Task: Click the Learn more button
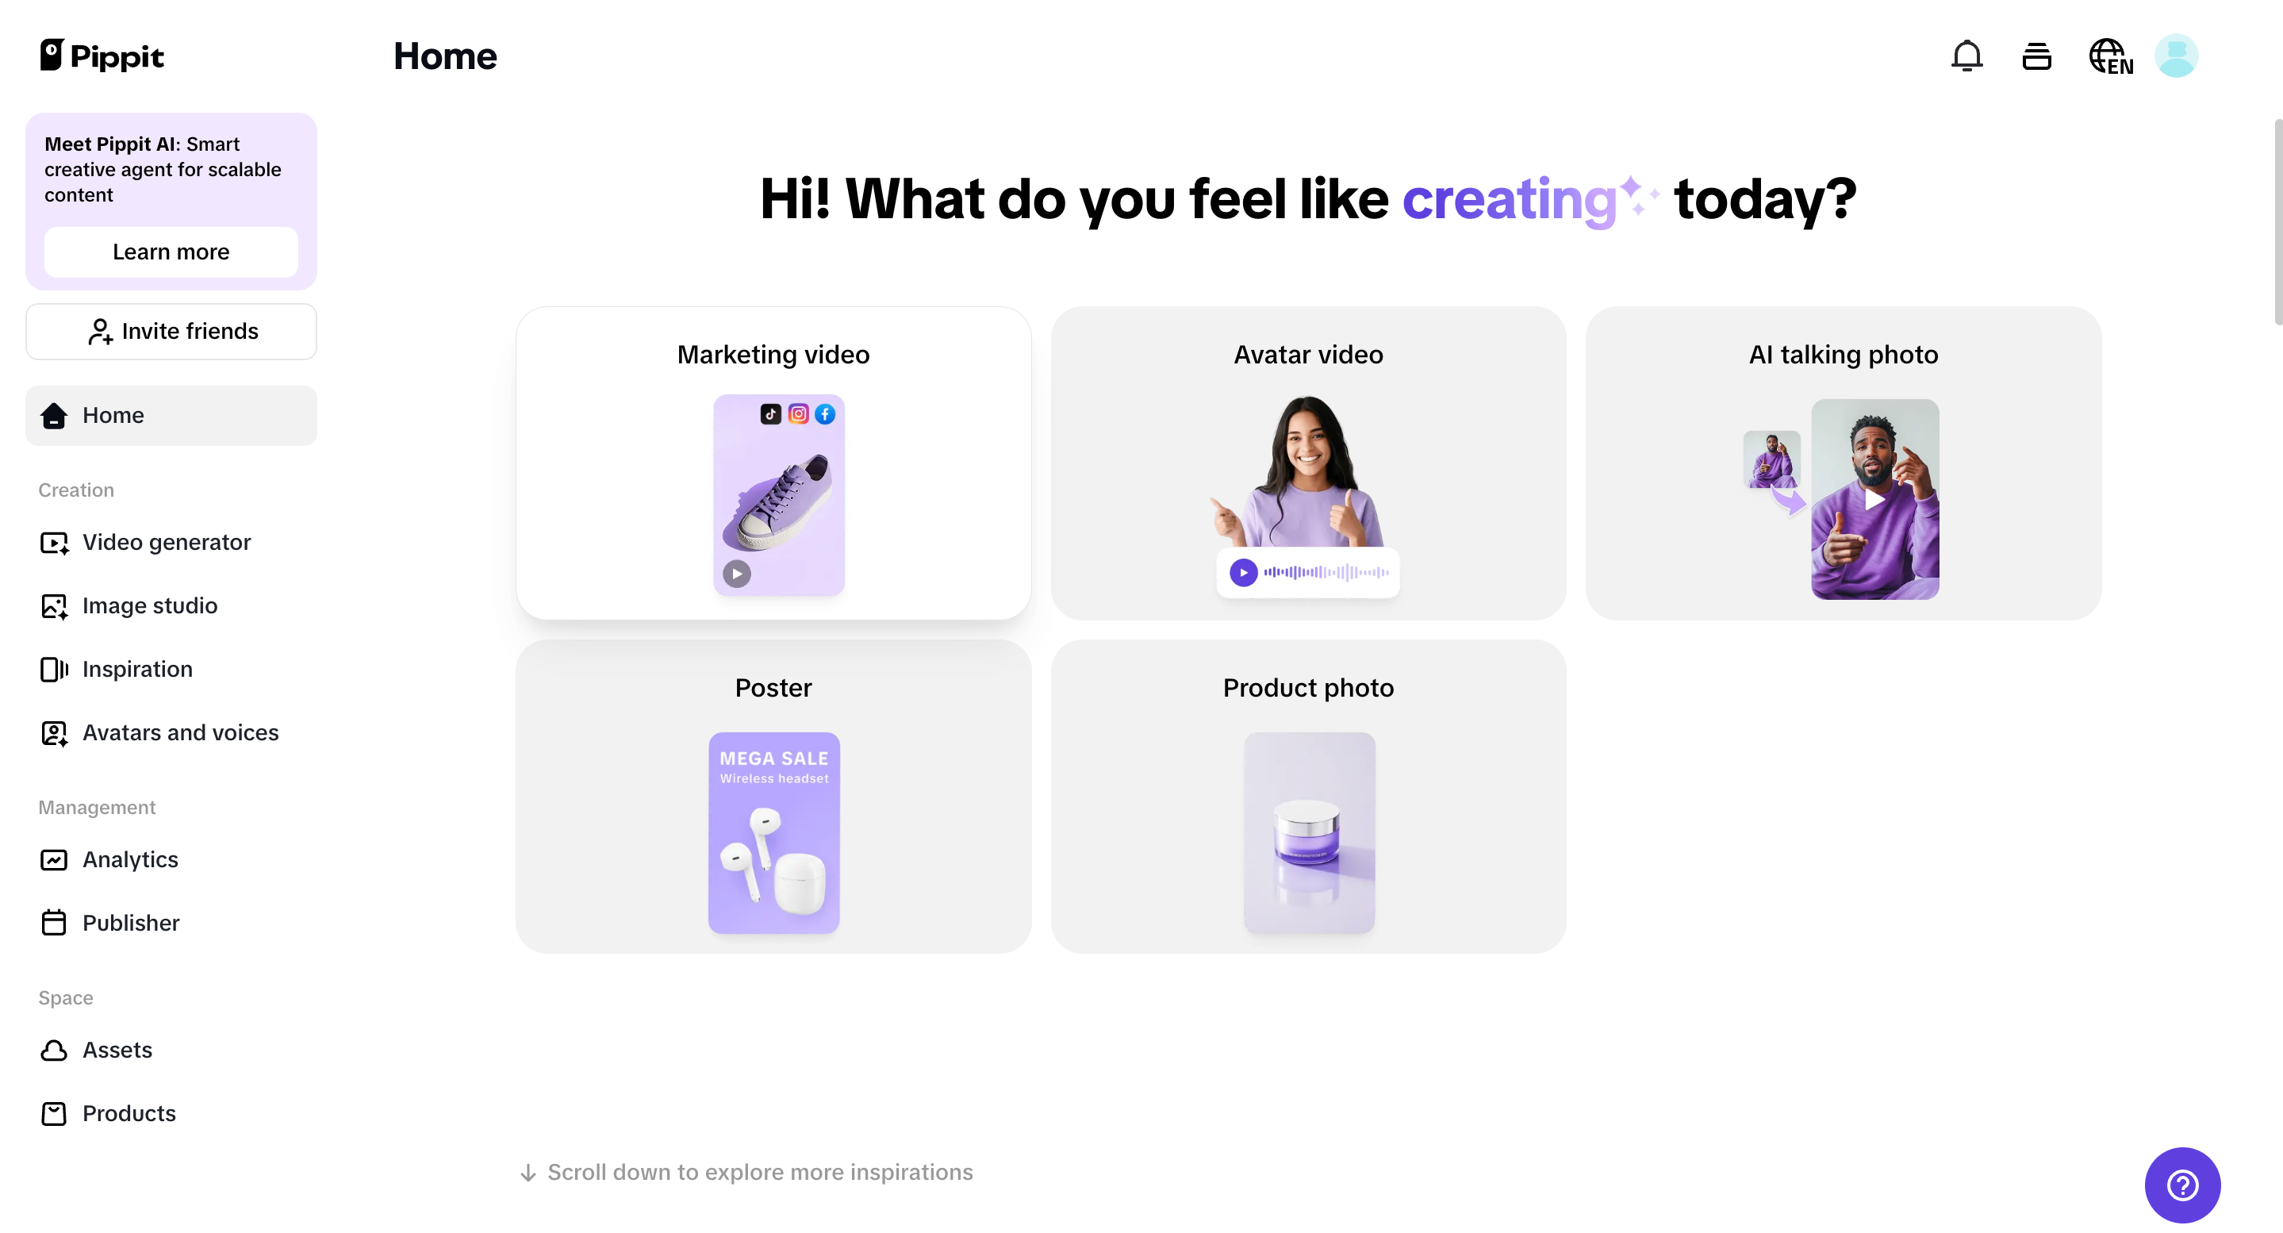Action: [171, 252]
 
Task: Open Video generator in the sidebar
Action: [166, 543]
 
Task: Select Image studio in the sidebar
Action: [149, 605]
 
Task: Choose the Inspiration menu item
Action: [136, 669]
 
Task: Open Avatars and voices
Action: [180, 733]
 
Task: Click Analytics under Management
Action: [129, 860]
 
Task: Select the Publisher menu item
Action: [130, 923]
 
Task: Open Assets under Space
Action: [117, 1050]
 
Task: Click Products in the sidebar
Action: [129, 1113]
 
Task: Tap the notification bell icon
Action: [1966, 56]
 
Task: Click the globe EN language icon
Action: [2110, 56]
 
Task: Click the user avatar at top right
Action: [2176, 56]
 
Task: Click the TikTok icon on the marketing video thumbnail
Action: [770, 414]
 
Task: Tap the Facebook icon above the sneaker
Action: [824, 414]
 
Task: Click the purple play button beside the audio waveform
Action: [1242, 573]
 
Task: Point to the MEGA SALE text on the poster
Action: [773, 759]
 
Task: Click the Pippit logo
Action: [102, 56]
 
